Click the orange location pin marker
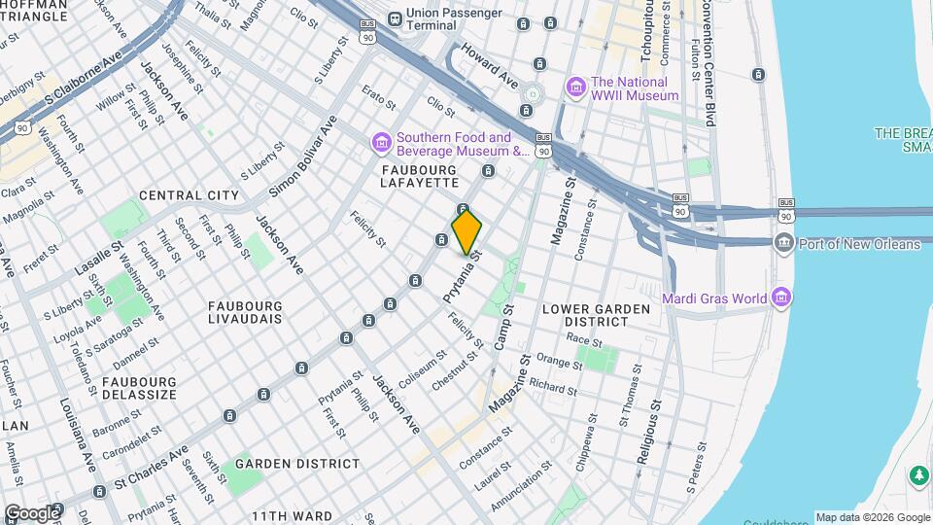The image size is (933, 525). tap(466, 231)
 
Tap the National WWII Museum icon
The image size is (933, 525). tap(576, 88)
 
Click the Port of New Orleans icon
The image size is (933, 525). tap(783, 243)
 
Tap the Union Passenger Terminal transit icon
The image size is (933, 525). tap(395, 18)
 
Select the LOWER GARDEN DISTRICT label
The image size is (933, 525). tap(596, 315)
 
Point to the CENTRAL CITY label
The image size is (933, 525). tap(189, 195)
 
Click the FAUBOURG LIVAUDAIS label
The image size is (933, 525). tap(245, 311)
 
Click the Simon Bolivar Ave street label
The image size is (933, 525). tap(302, 157)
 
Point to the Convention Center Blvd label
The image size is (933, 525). tap(708, 63)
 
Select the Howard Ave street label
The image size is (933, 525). tap(490, 61)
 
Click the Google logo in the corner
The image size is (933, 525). tap(31, 512)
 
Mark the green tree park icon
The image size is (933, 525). tap(917, 475)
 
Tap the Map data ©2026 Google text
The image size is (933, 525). tap(872, 517)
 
